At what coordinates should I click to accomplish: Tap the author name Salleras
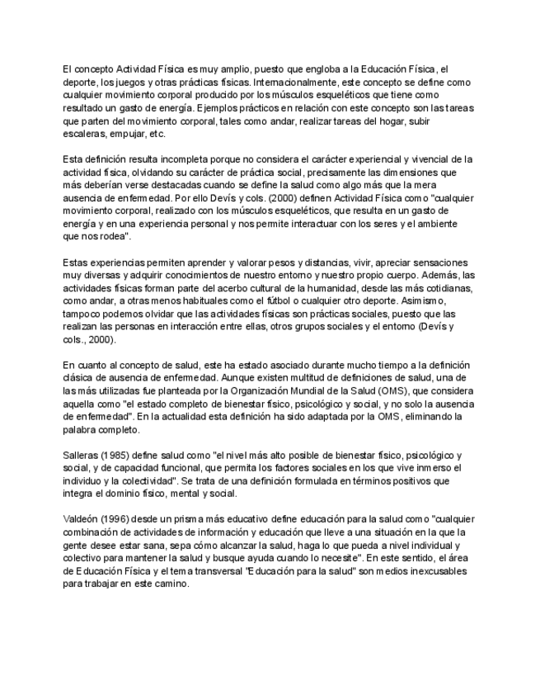[83, 455]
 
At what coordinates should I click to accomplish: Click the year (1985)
[124, 455]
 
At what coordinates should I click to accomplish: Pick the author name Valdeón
[83, 520]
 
